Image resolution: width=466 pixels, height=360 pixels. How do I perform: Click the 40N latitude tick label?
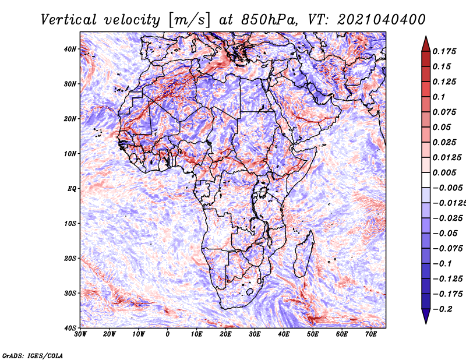point(70,49)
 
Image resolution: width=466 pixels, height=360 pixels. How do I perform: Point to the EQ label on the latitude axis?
point(72,189)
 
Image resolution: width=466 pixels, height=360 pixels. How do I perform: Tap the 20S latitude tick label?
point(70,258)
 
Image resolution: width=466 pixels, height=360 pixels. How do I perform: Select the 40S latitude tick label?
point(70,328)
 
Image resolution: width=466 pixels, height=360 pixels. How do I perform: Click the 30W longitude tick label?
point(80,334)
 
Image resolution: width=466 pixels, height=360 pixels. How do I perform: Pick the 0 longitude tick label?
point(168,334)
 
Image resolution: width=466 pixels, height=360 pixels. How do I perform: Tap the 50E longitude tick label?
point(313,334)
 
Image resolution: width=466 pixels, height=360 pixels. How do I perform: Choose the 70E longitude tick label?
point(371,334)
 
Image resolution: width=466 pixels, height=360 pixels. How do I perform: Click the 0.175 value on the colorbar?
point(444,51)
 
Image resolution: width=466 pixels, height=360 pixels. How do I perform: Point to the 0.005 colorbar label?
point(444,172)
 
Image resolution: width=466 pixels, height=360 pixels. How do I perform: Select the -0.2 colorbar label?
point(443,309)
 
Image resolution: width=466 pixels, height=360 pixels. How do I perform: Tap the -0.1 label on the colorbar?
point(443,263)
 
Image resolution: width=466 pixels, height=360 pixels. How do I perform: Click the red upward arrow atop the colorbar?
point(426,44)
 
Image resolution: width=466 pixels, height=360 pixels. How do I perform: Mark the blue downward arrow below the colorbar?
point(426,316)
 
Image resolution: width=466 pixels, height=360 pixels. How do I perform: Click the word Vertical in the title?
point(69,20)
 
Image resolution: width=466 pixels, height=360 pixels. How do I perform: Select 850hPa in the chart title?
point(269,20)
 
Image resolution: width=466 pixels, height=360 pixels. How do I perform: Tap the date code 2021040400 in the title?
point(382,20)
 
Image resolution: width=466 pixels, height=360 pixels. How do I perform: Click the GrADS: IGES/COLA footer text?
point(33,355)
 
